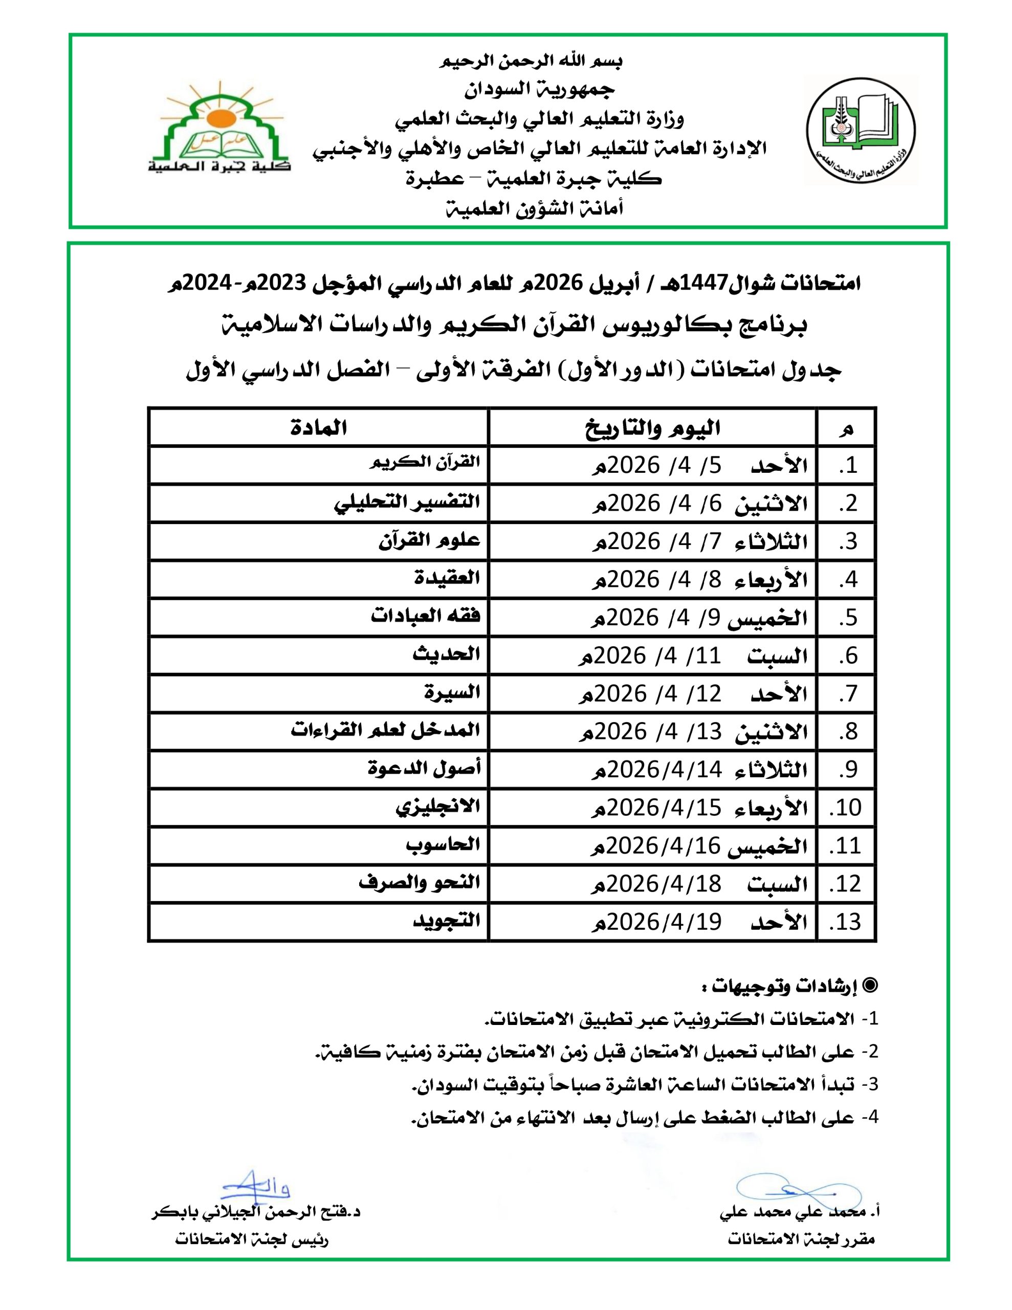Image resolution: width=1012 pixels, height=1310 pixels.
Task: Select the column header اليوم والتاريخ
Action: (653, 428)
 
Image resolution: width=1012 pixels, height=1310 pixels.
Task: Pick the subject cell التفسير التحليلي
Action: (407, 501)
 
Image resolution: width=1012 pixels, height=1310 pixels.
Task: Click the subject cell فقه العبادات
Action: (425, 616)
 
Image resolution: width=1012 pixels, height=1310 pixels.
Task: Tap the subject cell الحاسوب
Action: (443, 844)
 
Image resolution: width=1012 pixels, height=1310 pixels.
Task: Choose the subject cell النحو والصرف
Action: (420, 882)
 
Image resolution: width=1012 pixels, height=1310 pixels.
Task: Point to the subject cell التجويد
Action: (447, 920)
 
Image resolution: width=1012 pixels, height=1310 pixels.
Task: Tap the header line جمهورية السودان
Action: (539, 90)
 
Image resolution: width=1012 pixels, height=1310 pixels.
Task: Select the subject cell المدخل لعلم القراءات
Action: (386, 730)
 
